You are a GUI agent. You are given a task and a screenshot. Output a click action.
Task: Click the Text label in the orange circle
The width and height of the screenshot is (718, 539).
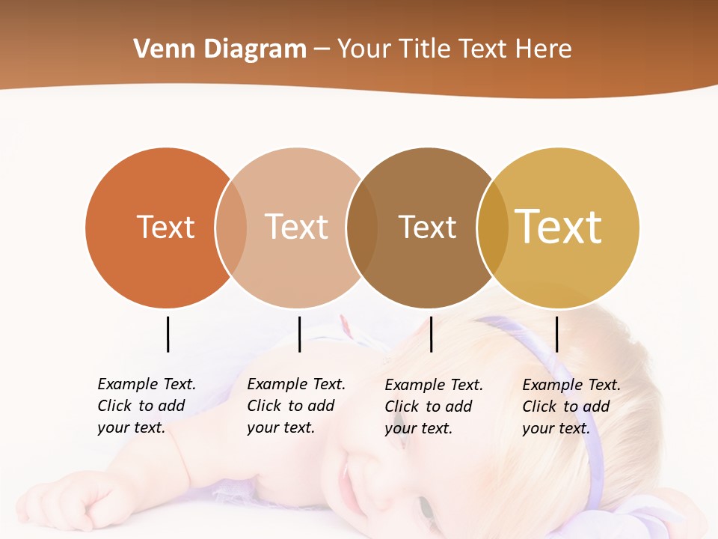[x=165, y=227]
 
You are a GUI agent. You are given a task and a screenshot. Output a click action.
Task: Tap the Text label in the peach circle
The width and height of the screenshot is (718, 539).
[x=296, y=227]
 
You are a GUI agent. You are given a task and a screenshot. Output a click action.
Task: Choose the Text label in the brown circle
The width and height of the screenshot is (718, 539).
[x=427, y=227]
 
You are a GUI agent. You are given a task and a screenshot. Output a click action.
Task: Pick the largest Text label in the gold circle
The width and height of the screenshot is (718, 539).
[x=559, y=227]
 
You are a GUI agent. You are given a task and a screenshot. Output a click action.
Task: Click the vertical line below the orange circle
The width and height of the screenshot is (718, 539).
[x=168, y=334]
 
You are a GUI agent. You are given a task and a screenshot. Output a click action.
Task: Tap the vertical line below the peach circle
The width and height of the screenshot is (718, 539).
[x=299, y=334]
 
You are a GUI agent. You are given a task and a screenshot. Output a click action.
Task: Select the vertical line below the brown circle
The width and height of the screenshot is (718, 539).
[x=431, y=334]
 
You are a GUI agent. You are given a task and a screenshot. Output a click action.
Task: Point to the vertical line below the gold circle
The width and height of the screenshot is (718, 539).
[x=556, y=334]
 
